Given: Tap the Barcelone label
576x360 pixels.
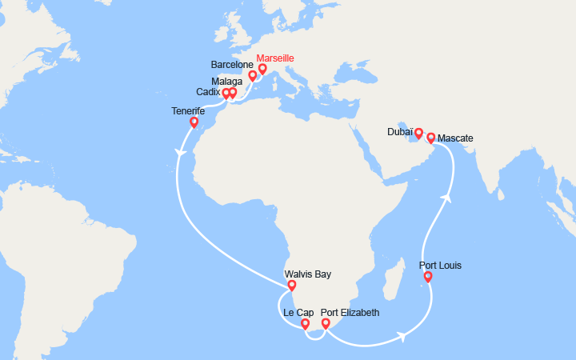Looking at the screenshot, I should (x=231, y=63).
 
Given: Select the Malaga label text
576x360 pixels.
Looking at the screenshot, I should (x=228, y=81).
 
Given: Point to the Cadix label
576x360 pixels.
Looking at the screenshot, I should (x=208, y=93).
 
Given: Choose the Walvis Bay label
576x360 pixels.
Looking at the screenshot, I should (x=308, y=274).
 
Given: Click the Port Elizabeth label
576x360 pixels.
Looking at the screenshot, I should (x=350, y=312).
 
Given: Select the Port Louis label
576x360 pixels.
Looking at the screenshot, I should (x=441, y=266).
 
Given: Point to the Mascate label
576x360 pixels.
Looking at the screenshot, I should (x=456, y=138).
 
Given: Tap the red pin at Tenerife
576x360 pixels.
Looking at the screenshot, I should (x=194, y=122).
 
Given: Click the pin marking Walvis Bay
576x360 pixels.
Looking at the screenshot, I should (x=291, y=285).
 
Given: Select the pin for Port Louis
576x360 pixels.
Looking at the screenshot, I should (x=428, y=277).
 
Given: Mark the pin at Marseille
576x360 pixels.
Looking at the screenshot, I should (x=262, y=69).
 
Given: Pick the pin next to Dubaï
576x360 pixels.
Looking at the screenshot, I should (x=418, y=132).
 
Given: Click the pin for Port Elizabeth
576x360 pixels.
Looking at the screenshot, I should (x=326, y=323).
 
